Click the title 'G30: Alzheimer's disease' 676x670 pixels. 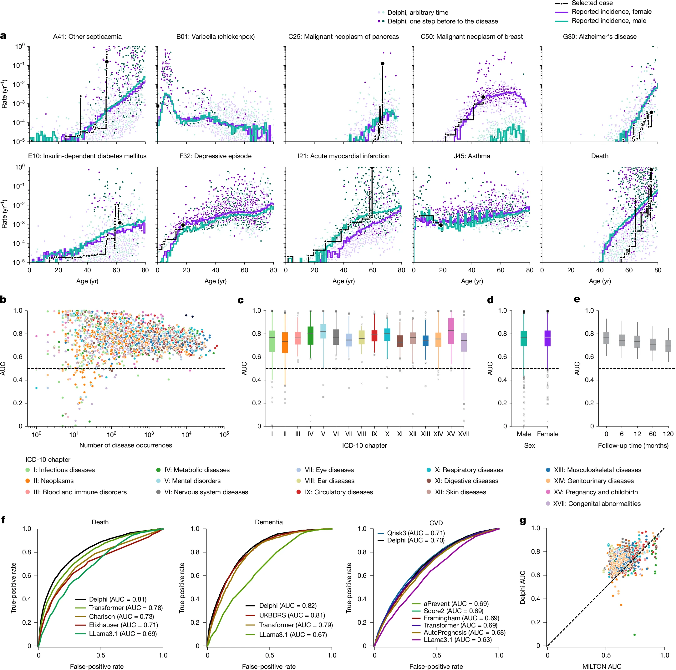click(x=599, y=37)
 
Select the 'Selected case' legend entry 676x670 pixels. click(x=592, y=3)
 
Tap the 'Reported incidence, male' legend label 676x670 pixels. click(x=608, y=21)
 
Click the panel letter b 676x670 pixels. click(x=3, y=300)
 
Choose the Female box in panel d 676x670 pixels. click(x=547, y=338)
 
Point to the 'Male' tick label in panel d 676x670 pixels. click(x=523, y=434)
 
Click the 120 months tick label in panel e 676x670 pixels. click(x=668, y=434)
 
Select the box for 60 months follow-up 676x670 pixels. click(x=653, y=345)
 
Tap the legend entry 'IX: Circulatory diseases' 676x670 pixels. click(x=338, y=492)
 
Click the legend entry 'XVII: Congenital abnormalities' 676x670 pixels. click(x=597, y=504)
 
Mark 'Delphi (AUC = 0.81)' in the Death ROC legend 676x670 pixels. click(x=118, y=599)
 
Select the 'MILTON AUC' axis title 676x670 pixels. click(x=602, y=667)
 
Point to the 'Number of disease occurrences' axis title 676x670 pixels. click(x=126, y=445)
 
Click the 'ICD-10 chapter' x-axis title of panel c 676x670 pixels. click(x=364, y=446)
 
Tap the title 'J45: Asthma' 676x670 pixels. click(x=472, y=156)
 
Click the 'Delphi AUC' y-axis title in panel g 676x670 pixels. click(x=523, y=587)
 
